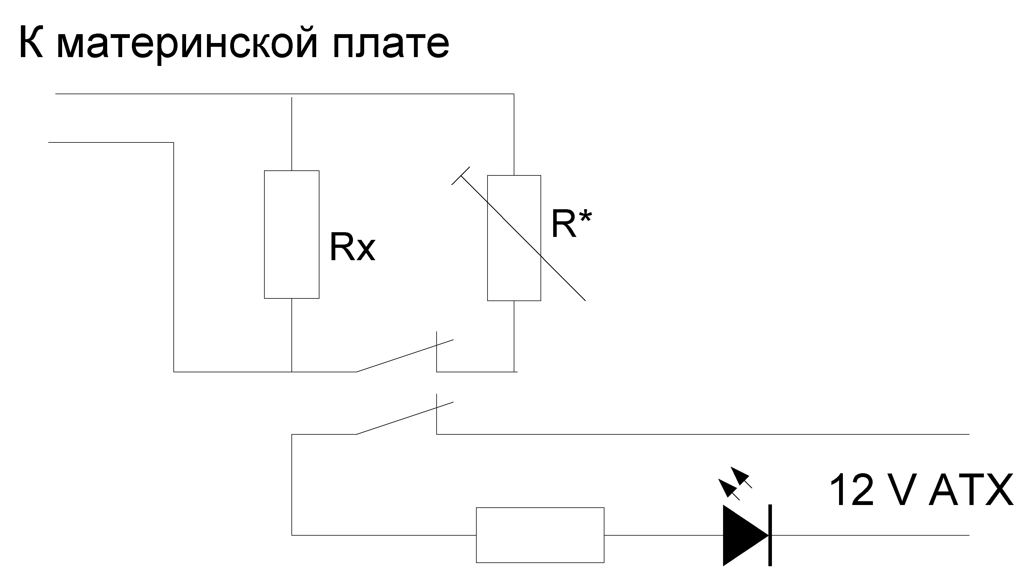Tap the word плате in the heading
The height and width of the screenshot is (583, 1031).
pyautogui.click(x=391, y=44)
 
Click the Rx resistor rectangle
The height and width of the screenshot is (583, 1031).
pyautogui.click(x=291, y=234)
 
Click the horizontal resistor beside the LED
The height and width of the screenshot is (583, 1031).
pyautogui.click(x=540, y=535)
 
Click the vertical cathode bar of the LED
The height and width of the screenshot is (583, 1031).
pyautogui.click(x=770, y=535)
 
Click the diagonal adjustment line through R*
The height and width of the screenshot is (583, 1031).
pyautogui.click(x=561, y=276)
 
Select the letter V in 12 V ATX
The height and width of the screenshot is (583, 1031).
pyautogui.click(x=903, y=491)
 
